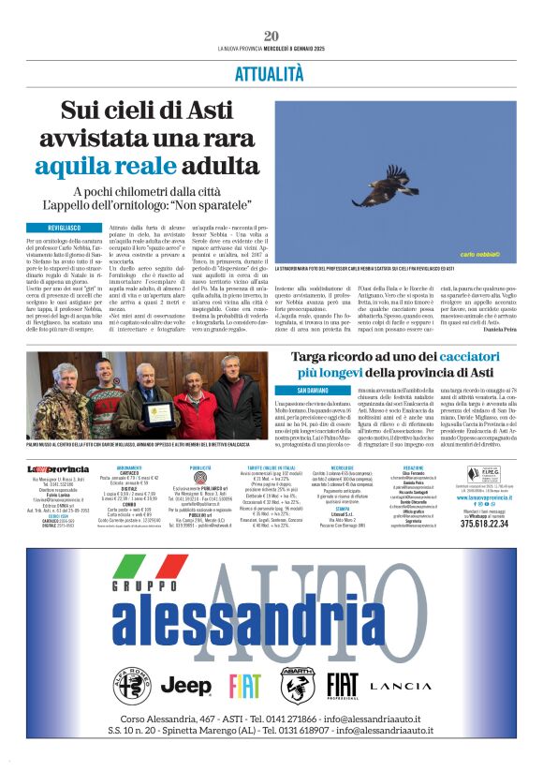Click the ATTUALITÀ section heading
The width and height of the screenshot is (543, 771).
[x=271, y=71]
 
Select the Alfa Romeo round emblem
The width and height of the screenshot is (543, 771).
[x=132, y=687]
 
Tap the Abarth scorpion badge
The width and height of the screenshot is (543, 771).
[x=298, y=687]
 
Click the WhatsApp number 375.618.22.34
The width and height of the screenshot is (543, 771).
[x=484, y=524]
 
